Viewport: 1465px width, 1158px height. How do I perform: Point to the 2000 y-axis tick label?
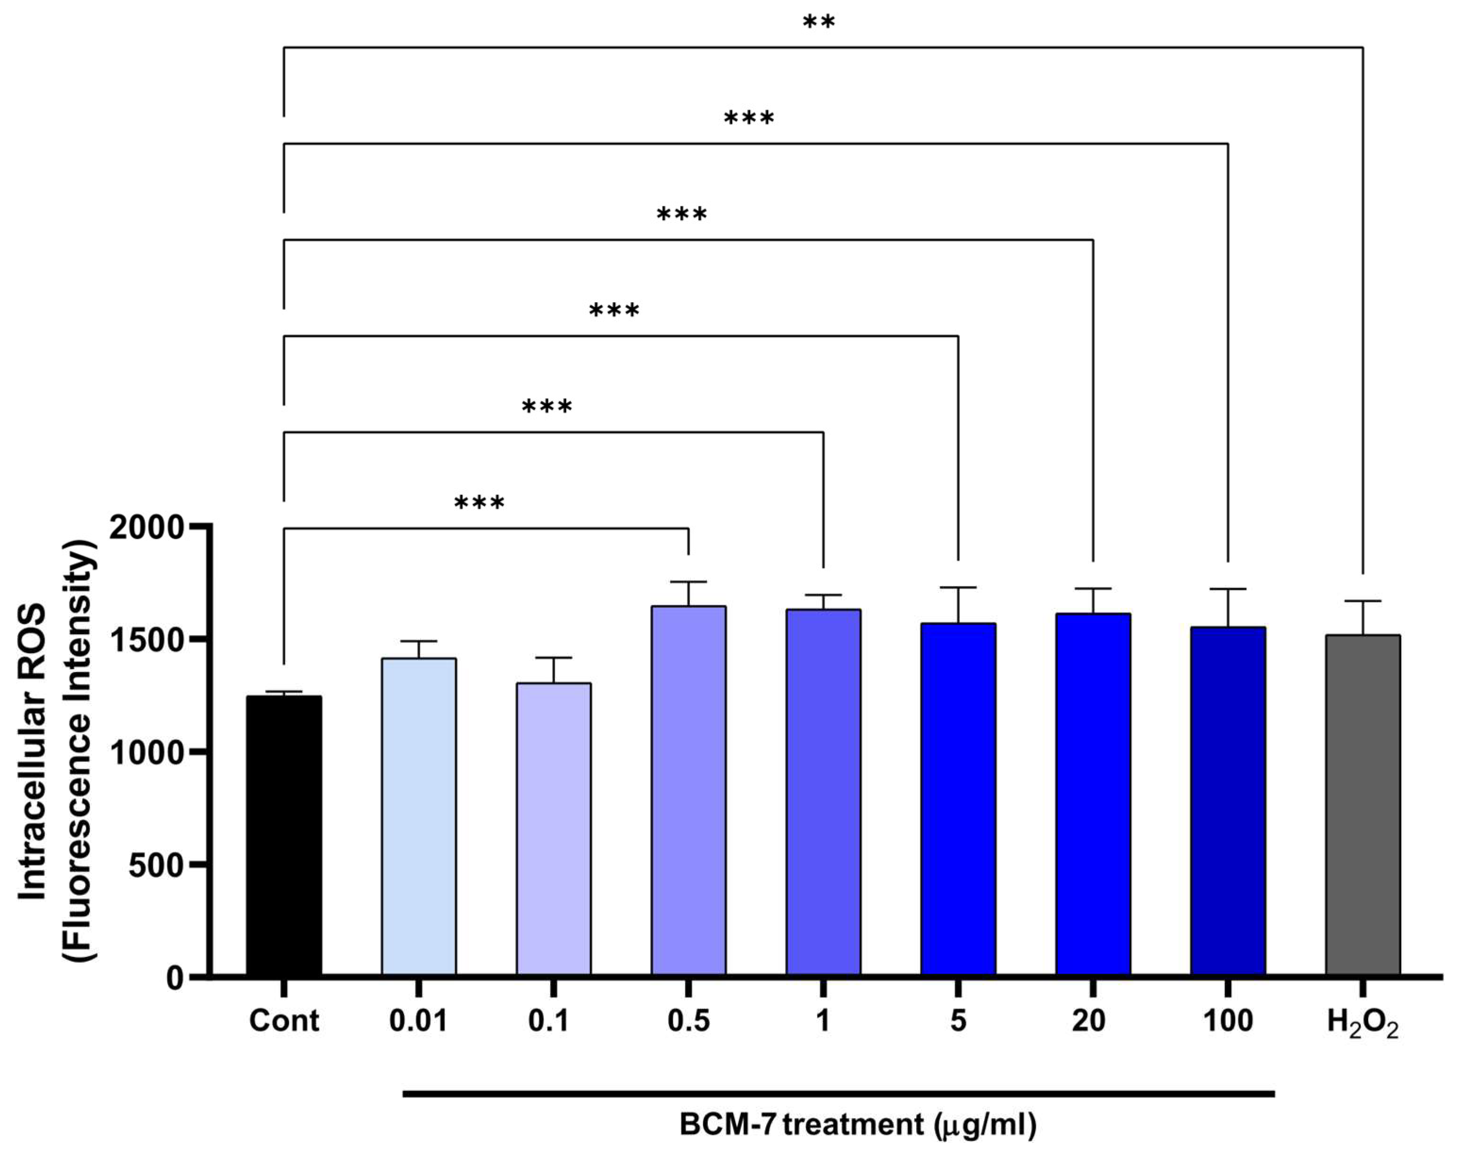[147, 528]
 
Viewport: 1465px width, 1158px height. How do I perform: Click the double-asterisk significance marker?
[819, 22]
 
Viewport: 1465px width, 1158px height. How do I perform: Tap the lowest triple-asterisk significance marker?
[479, 503]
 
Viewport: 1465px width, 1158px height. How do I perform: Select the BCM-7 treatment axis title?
[858, 1125]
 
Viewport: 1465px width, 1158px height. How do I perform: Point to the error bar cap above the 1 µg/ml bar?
[823, 595]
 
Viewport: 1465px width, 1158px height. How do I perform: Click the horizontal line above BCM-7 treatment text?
[839, 1093]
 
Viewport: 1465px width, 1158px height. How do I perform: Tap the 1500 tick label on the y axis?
[147, 640]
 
